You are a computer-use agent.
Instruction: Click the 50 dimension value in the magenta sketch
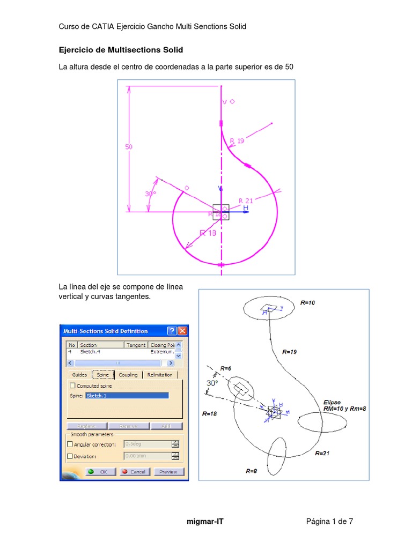[129, 146]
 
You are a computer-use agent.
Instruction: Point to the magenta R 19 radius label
[237, 141]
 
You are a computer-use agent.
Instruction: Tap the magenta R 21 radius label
[246, 201]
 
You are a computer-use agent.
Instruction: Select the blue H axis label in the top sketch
[246, 207]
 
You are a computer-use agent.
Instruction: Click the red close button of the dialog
[182, 331]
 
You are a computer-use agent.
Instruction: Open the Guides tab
[79, 375]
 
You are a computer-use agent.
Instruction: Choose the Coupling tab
[128, 375]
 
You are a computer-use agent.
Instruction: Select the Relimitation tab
[160, 375]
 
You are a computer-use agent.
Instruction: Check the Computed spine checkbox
[73, 385]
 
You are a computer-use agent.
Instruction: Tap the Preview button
[168, 472]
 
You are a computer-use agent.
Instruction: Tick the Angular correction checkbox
[70, 444]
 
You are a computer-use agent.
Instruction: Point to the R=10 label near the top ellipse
[308, 303]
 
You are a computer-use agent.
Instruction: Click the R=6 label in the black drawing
[226, 369]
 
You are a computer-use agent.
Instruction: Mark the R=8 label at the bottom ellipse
[252, 471]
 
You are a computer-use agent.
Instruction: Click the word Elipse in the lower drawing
[332, 402]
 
